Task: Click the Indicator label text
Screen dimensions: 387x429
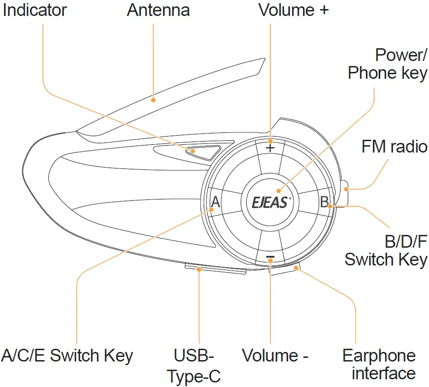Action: coord(35,10)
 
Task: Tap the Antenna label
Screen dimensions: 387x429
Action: coord(158,10)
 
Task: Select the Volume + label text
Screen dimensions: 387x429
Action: coord(293,10)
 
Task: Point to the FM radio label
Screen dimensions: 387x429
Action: coord(394,147)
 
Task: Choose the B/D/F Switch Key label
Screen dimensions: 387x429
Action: coord(386,250)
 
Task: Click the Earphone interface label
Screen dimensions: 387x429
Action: coord(379,365)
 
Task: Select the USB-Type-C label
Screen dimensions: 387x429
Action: coord(194,366)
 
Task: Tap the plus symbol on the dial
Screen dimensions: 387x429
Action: coord(270,148)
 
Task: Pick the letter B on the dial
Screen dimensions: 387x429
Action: coord(324,202)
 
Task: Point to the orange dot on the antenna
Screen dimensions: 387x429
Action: coord(154,99)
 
